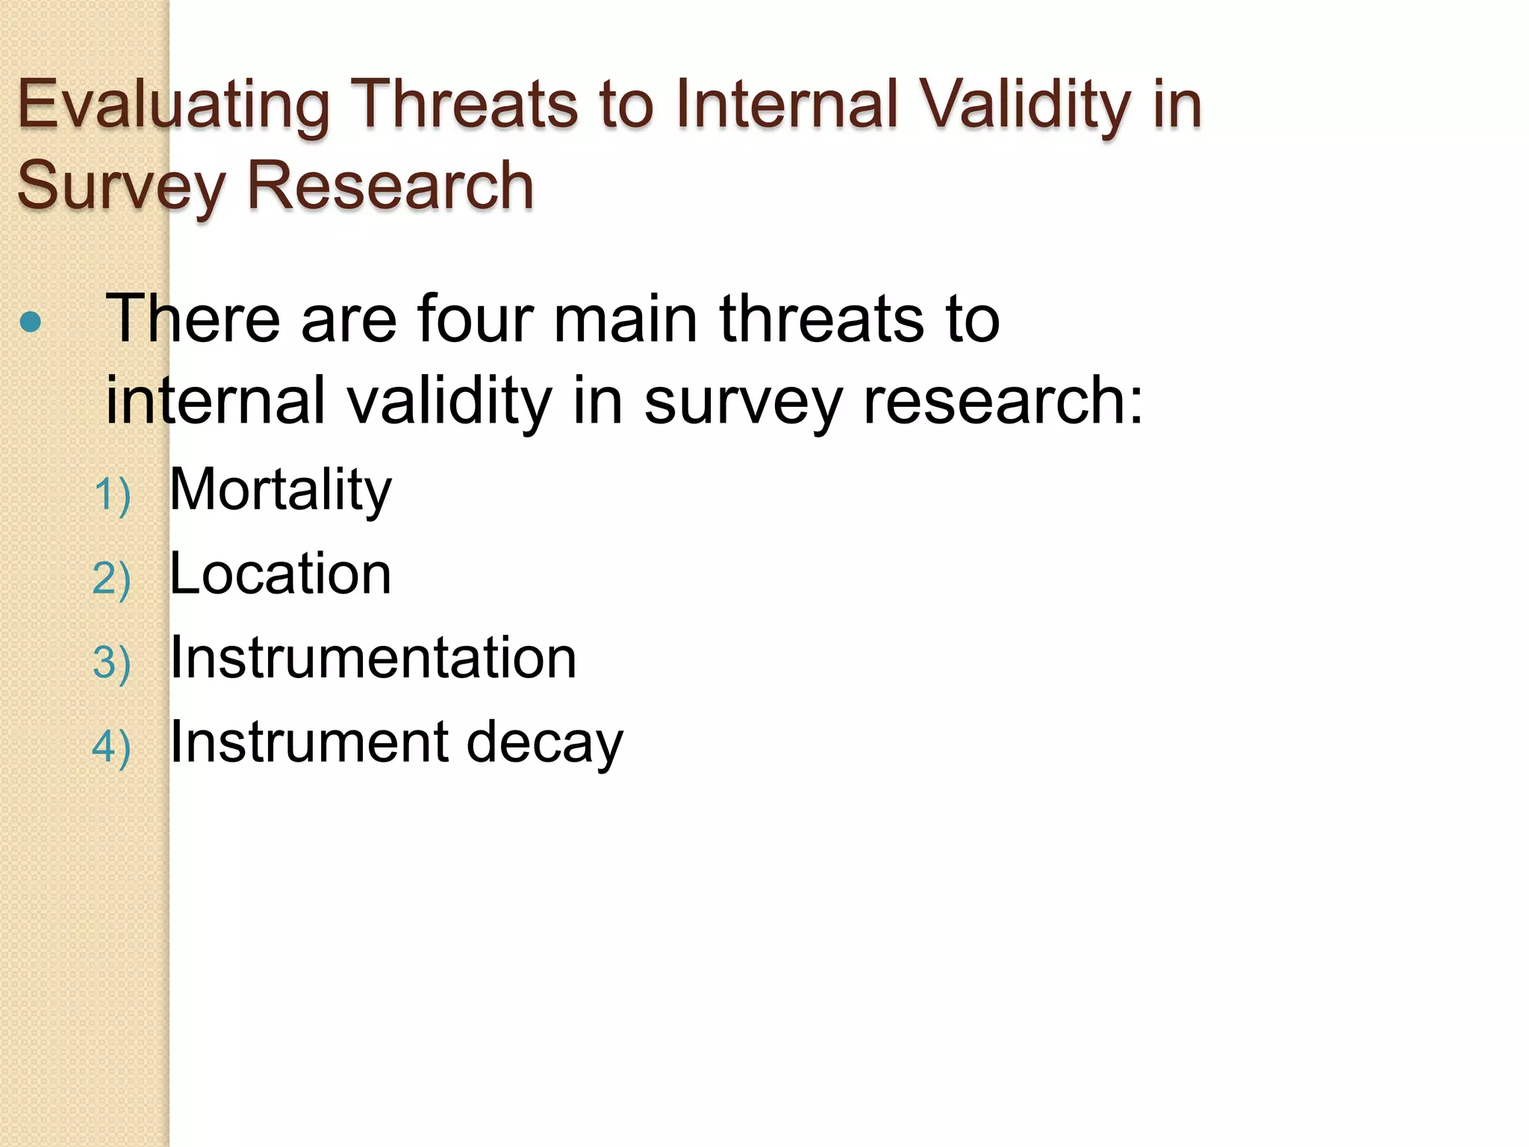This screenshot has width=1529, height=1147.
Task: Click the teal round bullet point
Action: [x=31, y=322]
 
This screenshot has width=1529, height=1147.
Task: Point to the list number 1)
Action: [x=112, y=495]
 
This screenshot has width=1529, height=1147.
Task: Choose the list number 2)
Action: [x=112, y=579]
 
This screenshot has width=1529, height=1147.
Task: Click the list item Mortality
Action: [x=280, y=491]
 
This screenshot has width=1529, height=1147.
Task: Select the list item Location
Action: [x=280, y=574]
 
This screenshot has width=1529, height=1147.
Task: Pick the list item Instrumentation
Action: [x=373, y=658]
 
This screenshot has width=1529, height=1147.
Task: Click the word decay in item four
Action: [x=544, y=743]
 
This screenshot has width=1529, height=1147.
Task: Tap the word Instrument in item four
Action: [x=309, y=742]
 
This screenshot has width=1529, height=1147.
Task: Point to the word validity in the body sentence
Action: [x=449, y=401]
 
